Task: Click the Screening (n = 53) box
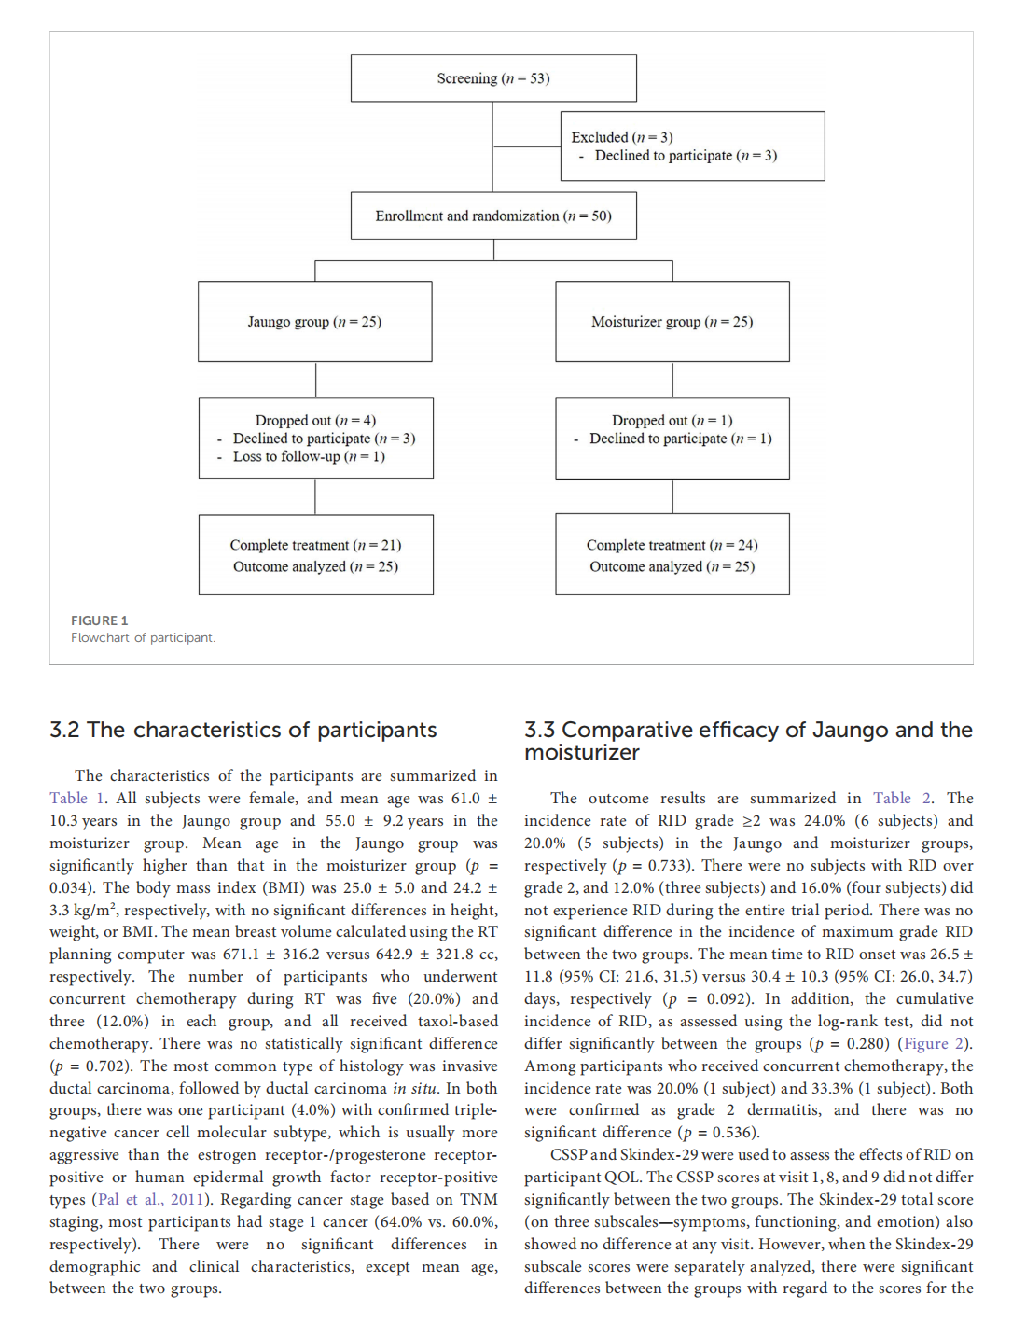click(493, 78)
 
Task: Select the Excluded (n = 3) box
click(692, 146)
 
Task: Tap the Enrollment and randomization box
click(493, 216)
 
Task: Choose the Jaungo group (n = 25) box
click(314, 322)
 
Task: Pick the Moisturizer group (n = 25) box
click(672, 322)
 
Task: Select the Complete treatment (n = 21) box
click(315, 555)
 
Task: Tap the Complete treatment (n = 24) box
click(672, 555)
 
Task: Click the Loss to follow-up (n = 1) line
click(308, 456)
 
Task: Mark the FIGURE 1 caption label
click(100, 620)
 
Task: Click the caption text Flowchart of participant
click(143, 638)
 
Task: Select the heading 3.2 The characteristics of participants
click(243, 730)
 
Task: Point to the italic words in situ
click(414, 1089)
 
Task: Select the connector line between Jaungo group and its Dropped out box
click(315, 380)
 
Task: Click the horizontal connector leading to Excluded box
click(527, 146)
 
